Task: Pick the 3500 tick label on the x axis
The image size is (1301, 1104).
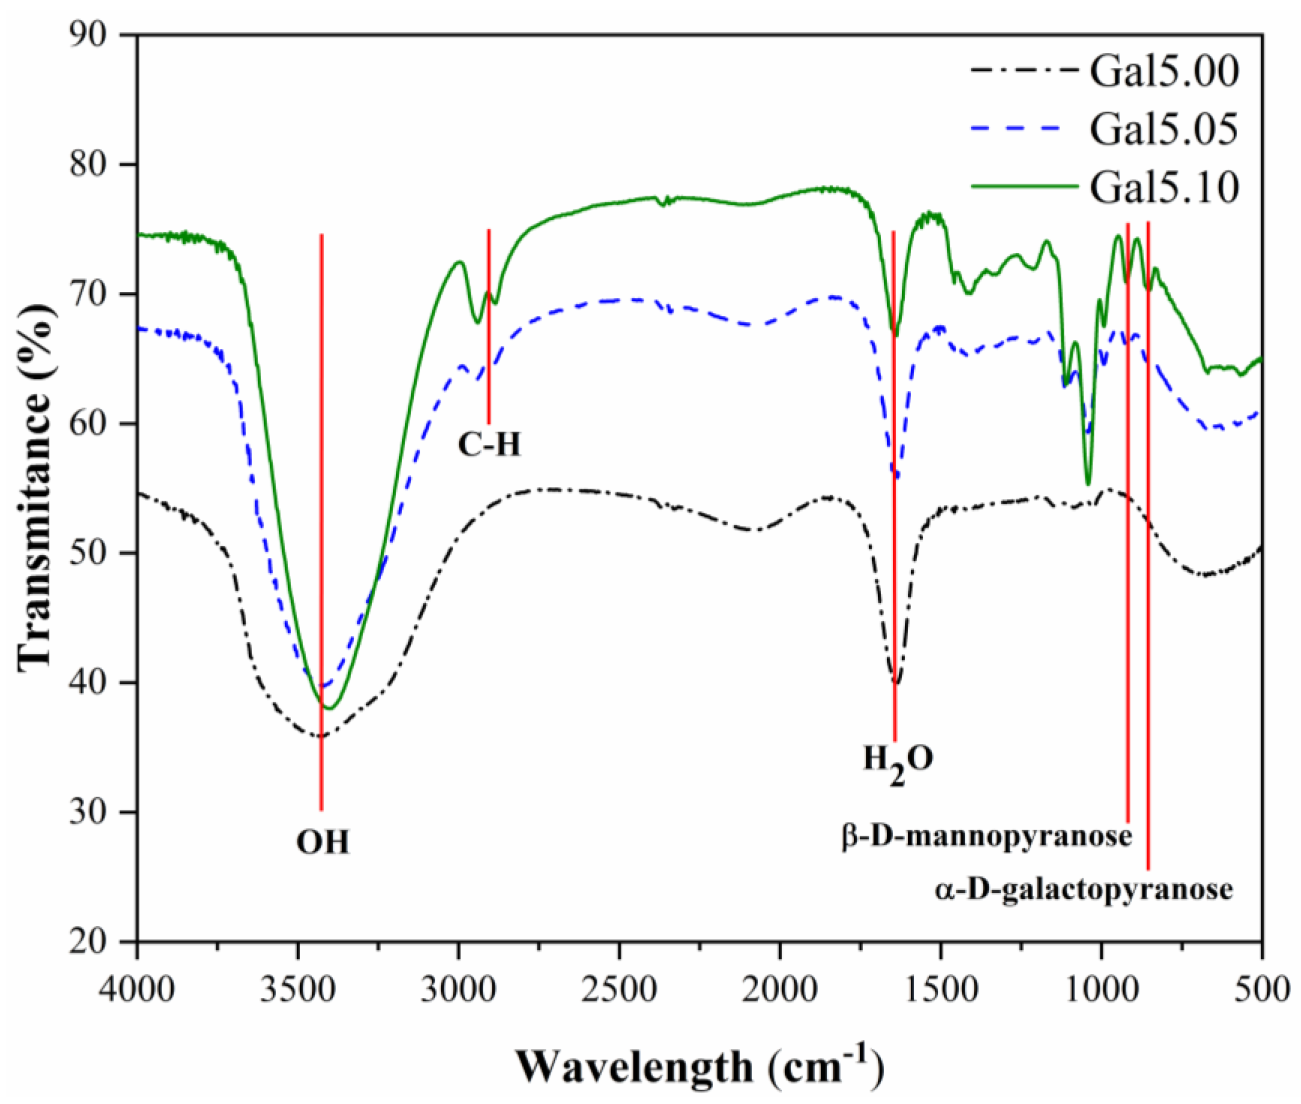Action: tap(298, 990)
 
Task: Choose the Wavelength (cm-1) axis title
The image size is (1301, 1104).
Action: tap(699, 1064)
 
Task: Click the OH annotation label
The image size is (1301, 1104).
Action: tap(322, 842)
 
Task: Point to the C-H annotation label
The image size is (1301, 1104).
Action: tap(488, 445)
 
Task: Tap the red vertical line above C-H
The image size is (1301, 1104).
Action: tap(488, 325)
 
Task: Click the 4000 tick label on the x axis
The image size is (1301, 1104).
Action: tap(137, 990)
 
